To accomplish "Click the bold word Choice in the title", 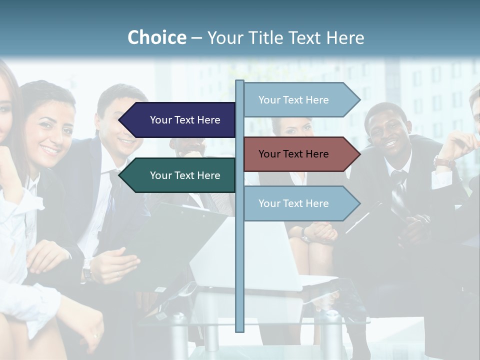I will [x=156, y=37].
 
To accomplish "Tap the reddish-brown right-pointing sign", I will [x=297, y=154].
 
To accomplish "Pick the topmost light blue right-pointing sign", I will [x=297, y=100].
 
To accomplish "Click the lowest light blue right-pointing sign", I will [x=297, y=203].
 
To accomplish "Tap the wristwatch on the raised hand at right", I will [x=443, y=162].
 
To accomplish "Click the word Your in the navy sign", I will [x=160, y=120].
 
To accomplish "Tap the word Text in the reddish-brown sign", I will [x=294, y=154].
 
